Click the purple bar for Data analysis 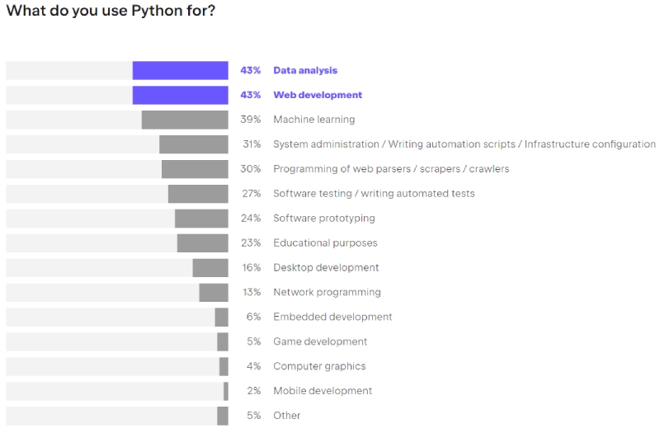point(180,71)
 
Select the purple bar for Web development point(180,96)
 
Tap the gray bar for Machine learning point(185,120)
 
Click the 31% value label point(251,144)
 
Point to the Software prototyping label point(323,219)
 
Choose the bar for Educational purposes point(202,243)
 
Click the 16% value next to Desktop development point(251,268)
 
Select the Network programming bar point(213,293)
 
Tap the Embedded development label point(332,317)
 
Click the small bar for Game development point(223,341)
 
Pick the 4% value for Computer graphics point(253,366)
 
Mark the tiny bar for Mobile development point(225,391)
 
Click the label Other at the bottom point(287,416)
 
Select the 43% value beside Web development point(250,96)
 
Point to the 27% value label point(251,194)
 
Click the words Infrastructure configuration point(590,144)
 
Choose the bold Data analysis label point(305,71)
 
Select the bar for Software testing point(198,194)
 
